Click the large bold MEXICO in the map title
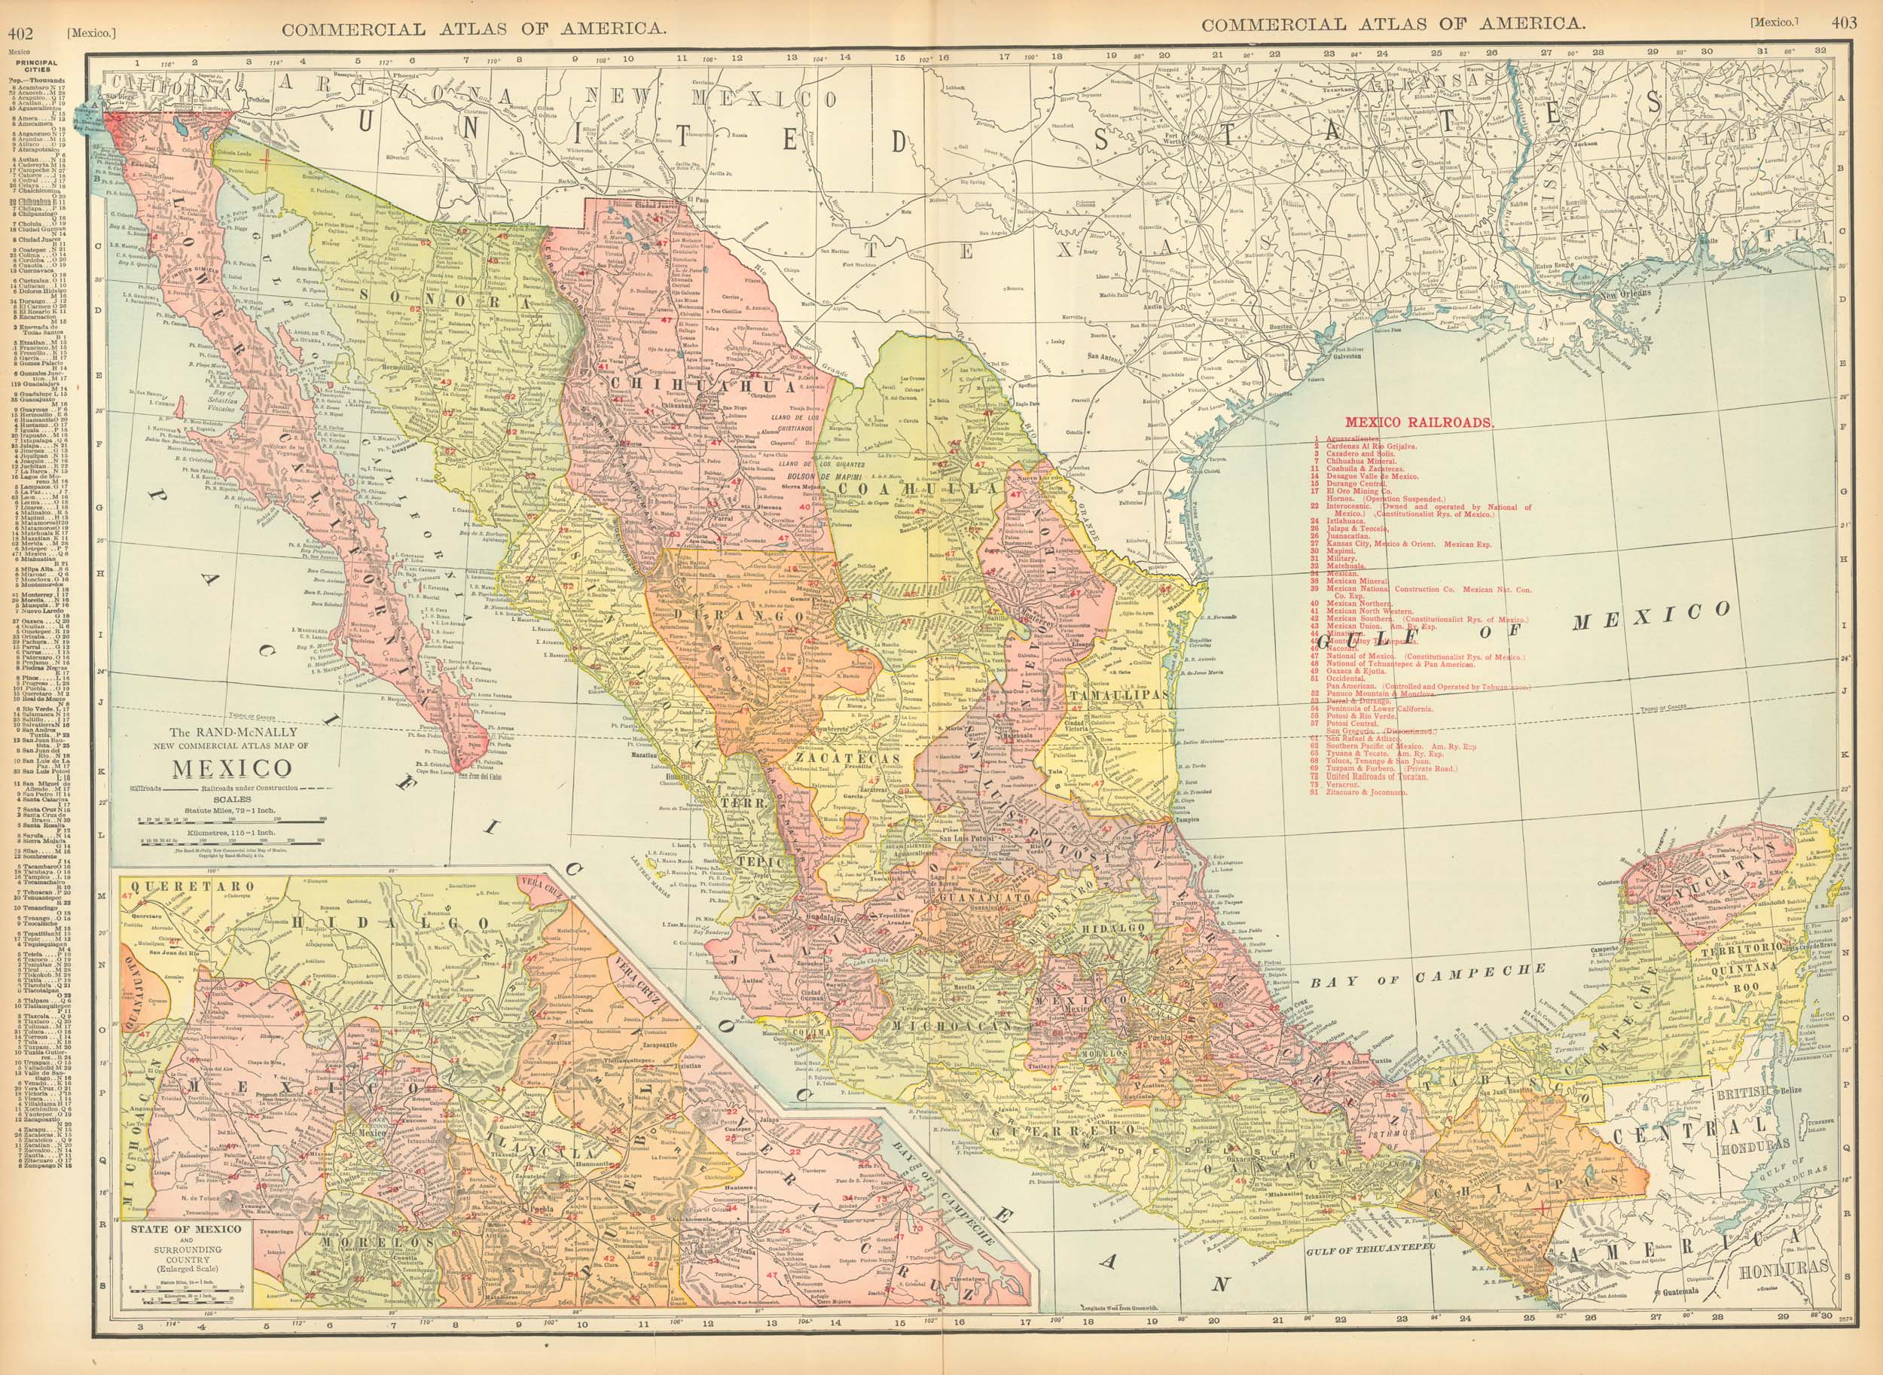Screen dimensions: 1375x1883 pyautogui.click(x=219, y=767)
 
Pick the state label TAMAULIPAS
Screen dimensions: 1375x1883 pyautogui.click(x=1122, y=695)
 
